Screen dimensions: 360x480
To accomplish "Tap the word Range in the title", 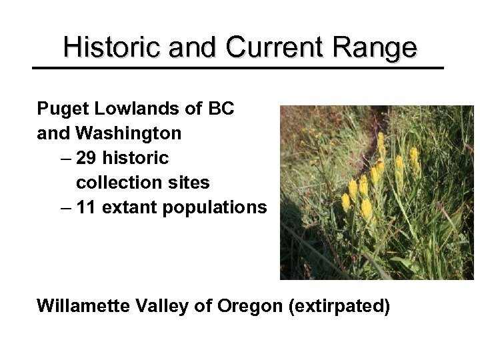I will (375, 48).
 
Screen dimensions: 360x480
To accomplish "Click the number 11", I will (86, 207).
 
